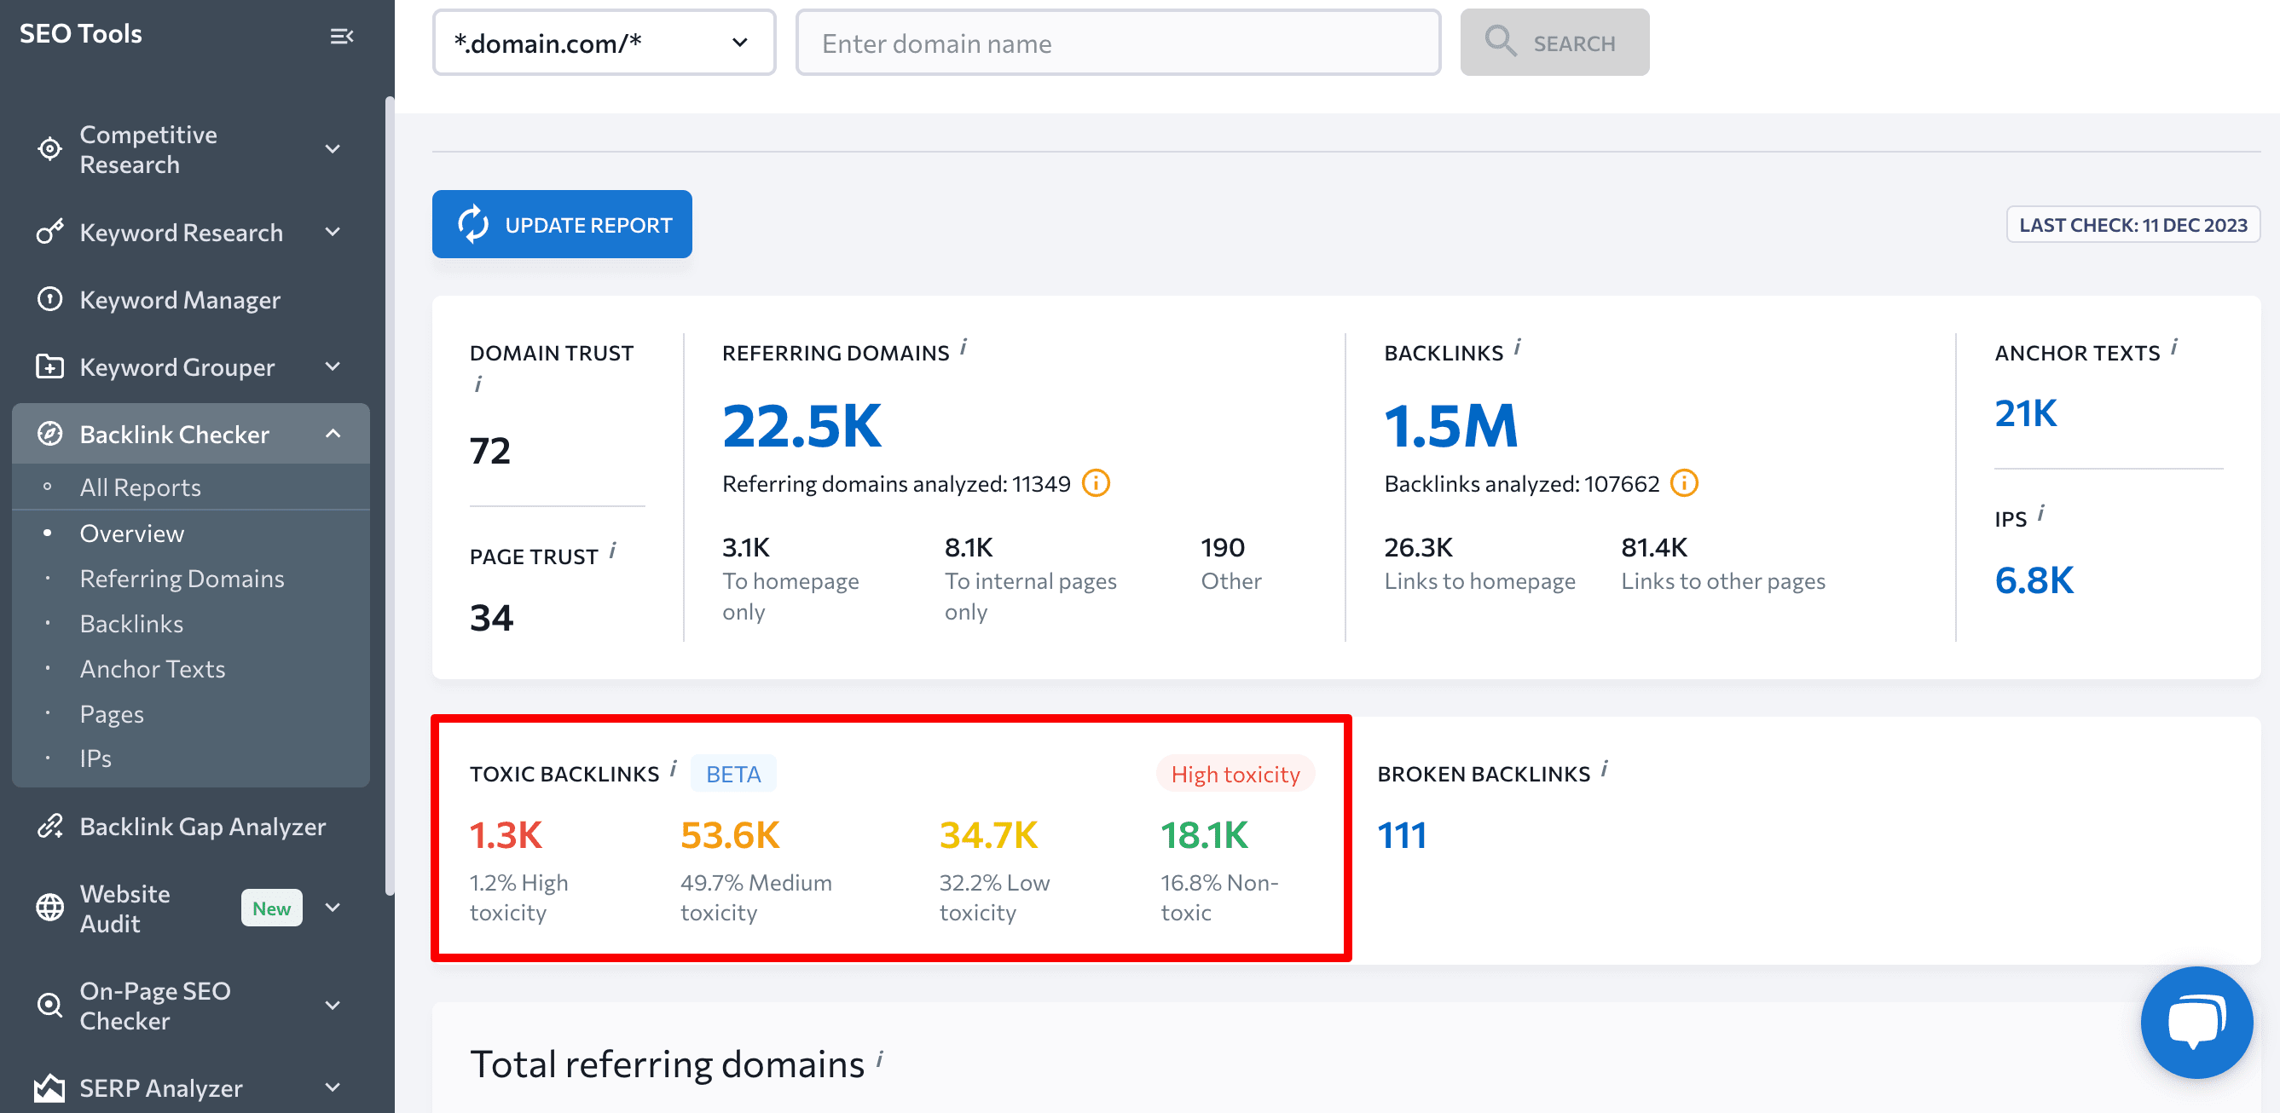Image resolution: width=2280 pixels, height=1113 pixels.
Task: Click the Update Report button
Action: [561, 225]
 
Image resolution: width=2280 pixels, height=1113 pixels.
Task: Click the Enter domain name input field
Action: [1117, 43]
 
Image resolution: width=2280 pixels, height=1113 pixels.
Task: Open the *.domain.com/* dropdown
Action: [604, 43]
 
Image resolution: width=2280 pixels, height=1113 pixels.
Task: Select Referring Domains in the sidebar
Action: [182, 579]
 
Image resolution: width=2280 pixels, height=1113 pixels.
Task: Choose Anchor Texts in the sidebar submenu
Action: [153, 669]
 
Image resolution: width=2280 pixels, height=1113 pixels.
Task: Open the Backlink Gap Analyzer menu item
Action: [202, 827]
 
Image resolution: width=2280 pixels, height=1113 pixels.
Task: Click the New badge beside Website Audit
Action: [271, 908]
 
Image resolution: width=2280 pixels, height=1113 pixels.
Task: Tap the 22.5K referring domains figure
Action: [801, 425]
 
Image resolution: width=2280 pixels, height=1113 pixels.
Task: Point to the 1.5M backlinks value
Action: [1450, 425]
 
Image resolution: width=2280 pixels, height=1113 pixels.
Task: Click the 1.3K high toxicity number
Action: [506, 835]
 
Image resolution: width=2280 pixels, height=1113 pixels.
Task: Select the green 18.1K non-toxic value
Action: [1204, 835]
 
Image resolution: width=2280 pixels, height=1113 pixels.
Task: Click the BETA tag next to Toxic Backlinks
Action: [733, 774]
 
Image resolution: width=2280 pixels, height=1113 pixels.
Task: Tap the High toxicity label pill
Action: [1235, 774]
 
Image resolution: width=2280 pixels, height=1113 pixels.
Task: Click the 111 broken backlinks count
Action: [1402, 835]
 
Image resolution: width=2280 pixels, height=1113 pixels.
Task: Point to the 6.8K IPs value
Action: [2033, 580]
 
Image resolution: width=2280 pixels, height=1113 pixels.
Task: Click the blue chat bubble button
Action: [2196, 1022]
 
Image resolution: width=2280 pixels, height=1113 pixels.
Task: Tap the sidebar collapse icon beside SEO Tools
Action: [342, 37]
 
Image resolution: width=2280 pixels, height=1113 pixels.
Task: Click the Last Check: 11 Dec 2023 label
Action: [2132, 225]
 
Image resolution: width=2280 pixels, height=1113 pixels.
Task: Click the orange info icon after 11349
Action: [1096, 483]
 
